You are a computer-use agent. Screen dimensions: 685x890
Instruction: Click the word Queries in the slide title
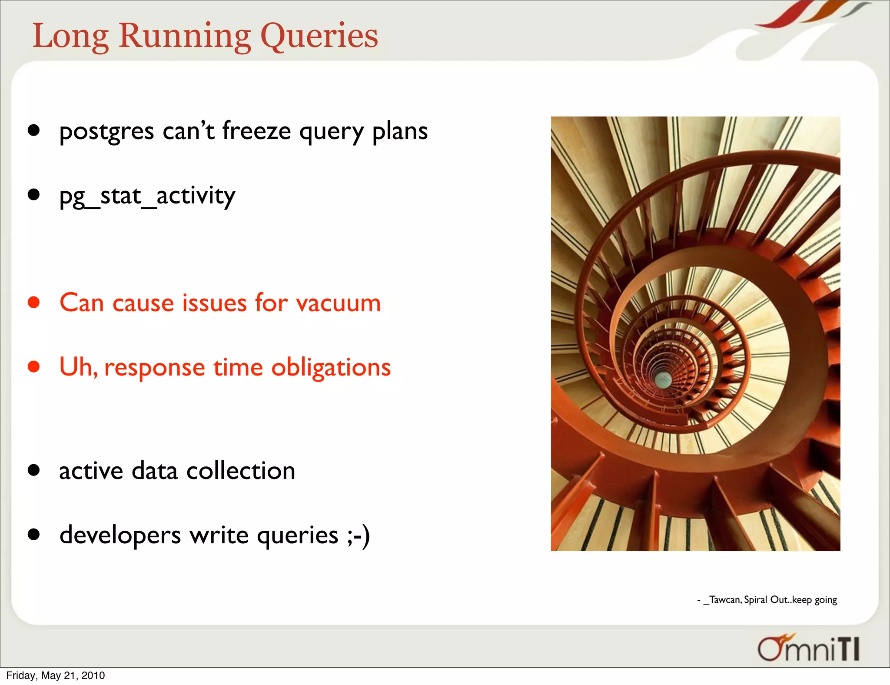tap(319, 37)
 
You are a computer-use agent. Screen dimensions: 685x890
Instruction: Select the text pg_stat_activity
tap(147, 196)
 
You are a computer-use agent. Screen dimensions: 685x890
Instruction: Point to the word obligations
tap(331, 367)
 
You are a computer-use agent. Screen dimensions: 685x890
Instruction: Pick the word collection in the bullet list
tap(241, 471)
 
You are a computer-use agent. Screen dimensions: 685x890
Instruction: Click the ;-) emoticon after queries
tap(359, 535)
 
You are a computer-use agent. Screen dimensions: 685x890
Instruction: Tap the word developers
tap(120, 535)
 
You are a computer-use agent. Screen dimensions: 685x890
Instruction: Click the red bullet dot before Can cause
tap(34, 302)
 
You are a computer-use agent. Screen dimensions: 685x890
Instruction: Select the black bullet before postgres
tap(34, 130)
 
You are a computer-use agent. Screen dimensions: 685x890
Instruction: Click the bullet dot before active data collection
tap(34, 470)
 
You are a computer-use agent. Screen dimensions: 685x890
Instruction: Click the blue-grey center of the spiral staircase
tap(663, 379)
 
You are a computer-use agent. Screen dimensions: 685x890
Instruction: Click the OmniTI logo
tap(808, 648)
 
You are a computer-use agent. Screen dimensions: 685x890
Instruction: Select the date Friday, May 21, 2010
tap(56, 675)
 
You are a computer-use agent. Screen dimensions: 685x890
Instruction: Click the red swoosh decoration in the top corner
tap(782, 15)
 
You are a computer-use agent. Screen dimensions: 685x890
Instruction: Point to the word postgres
tap(106, 131)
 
